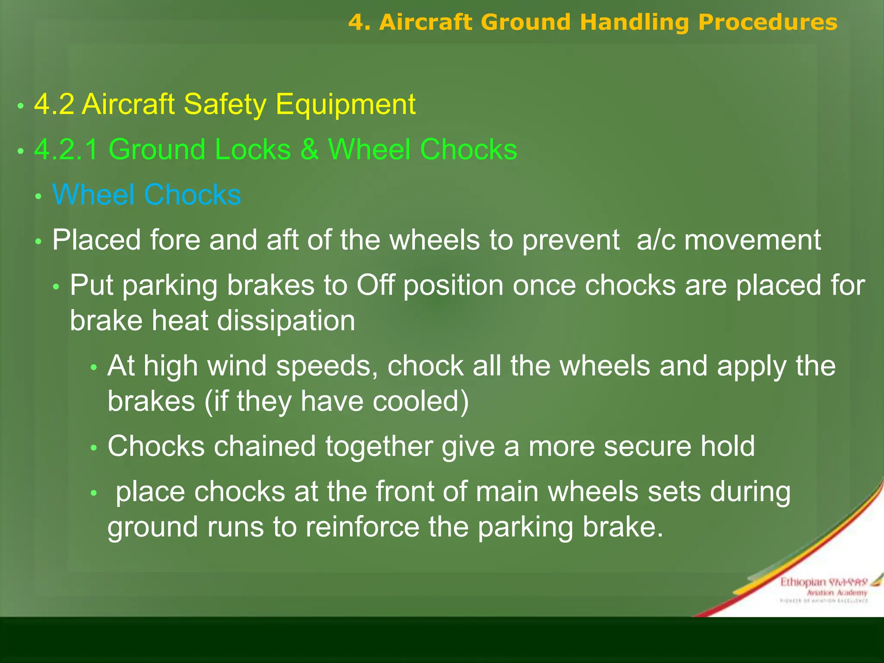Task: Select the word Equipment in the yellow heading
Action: point(345,104)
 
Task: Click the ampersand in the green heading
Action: point(309,150)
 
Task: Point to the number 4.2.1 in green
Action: point(66,150)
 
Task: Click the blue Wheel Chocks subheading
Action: point(146,195)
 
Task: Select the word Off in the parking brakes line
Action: point(375,285)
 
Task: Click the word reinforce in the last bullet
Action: point(362,527)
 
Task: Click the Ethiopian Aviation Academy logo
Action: point(824,589)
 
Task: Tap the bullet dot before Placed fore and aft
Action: point(38,242)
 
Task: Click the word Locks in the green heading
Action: point(253,150)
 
